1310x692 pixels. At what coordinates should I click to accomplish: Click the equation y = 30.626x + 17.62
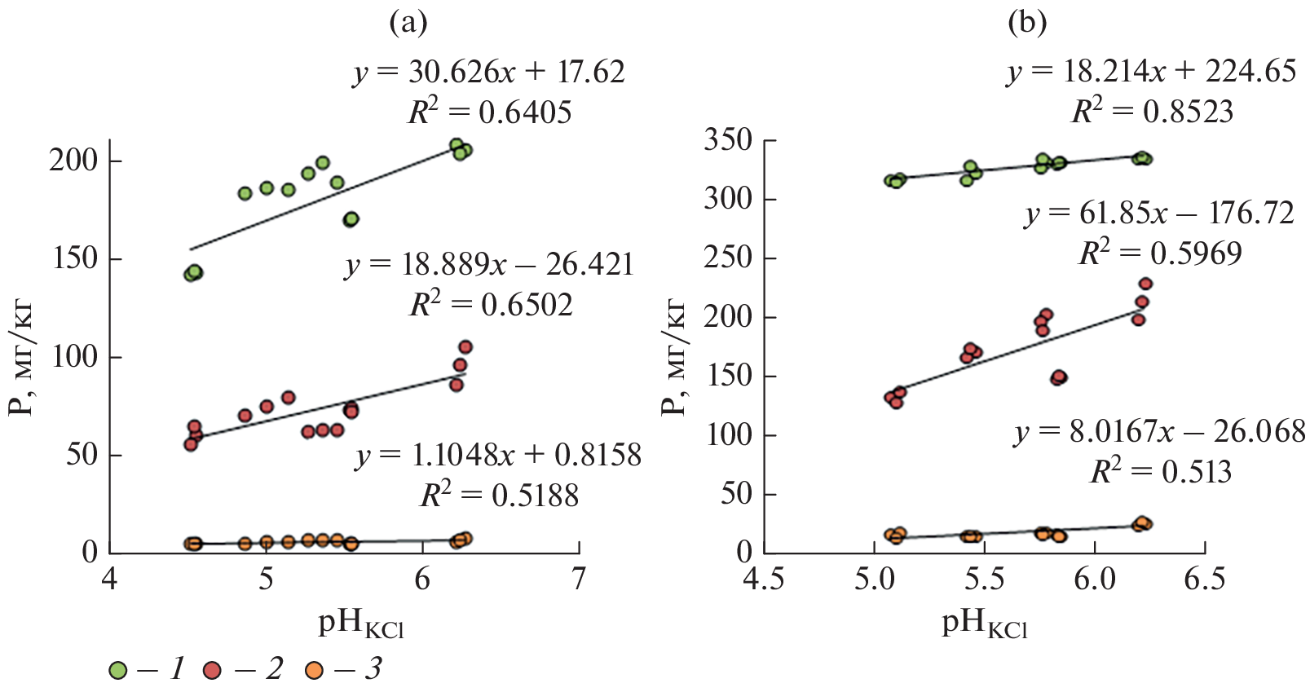[x=489, y=73]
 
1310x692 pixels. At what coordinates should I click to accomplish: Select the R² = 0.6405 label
[x=490, y=112]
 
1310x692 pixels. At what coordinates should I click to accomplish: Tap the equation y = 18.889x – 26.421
[x=489, y=266]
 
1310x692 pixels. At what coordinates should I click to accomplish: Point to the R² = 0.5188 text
[x=499, y=495]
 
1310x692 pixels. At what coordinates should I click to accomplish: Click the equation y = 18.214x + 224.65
[x=1151, y=72]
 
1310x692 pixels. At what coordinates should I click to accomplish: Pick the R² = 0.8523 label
[x=1152, y=111]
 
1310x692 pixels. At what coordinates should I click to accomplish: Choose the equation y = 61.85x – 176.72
[x=1159, y=214]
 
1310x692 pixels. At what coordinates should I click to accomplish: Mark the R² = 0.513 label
[x=1161, y=471]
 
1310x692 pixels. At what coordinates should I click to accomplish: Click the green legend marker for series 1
[x=118, y=671]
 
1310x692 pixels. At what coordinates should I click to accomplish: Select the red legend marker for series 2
[x=214, y=671]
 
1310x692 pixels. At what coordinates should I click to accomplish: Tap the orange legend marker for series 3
[x=313, y=671]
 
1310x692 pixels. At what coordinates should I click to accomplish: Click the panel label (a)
[x=408, y=24]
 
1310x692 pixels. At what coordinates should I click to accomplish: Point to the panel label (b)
[x=1026, y=24]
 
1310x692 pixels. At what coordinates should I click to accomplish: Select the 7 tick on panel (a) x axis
[x=578, y=580]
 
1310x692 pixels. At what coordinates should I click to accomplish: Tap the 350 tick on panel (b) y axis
[x=728, y=140]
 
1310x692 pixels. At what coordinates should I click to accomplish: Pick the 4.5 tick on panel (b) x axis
[x=764, y=580]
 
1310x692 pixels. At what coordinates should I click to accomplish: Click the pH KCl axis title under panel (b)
[x=984, y=624]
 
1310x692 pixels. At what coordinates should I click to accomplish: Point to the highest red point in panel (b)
[x=1145, y=284]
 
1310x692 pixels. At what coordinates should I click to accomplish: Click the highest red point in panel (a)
[x=465, y=347]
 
